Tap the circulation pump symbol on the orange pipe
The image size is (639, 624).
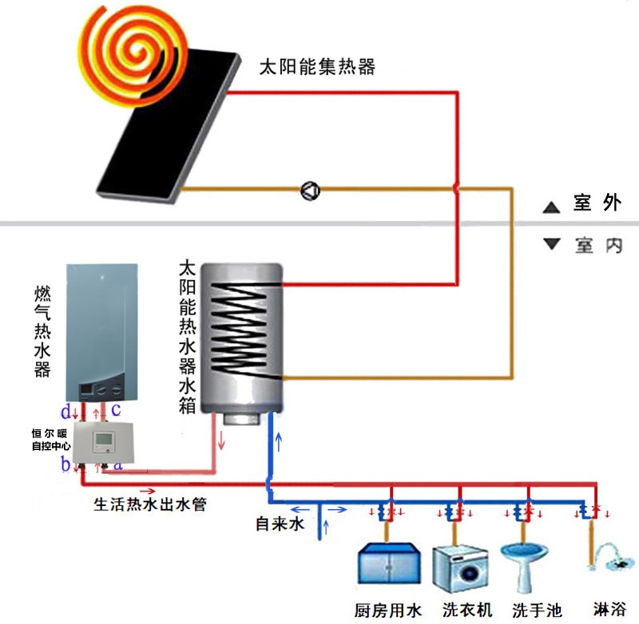[x=310, y=191]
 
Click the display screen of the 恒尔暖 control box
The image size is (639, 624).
[x=104, y=442]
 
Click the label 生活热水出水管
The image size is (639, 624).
[x=151, y=505]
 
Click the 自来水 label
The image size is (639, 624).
[x=280, y=524]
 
